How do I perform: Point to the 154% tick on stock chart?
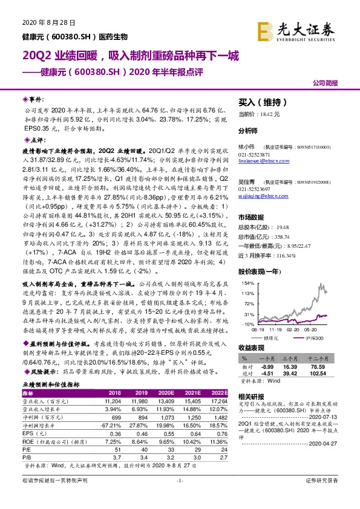point(247,282)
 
